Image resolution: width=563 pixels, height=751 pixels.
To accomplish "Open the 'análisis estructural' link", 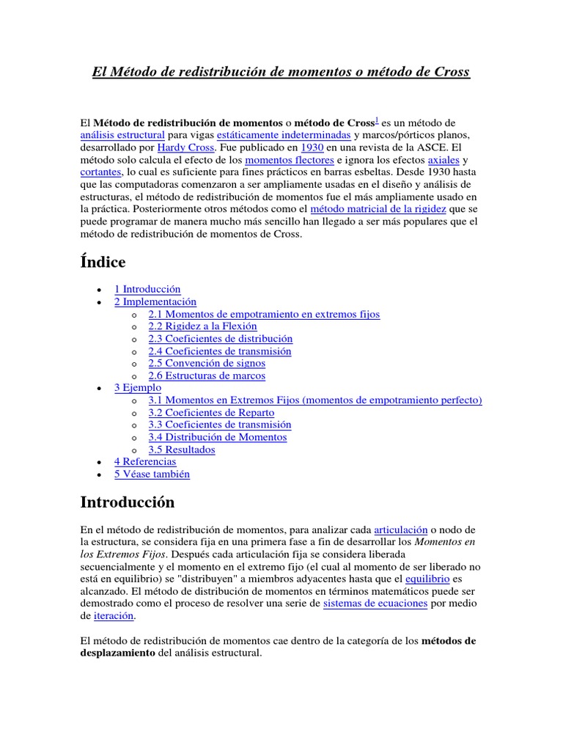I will (122, 135).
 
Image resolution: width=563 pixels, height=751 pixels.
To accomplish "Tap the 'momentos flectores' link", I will (289, 160).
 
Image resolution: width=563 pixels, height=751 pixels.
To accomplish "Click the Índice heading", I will (102, 262).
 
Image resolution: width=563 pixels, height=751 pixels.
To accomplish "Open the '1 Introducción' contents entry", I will (147, 289).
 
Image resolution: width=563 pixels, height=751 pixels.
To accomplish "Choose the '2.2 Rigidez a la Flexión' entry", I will (202, 326).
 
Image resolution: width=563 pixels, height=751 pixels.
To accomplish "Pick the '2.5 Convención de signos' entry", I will (207, 363).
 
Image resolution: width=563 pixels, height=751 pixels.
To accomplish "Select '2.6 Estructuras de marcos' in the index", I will (207, 375).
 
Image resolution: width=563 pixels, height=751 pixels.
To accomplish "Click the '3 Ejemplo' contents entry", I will (138, 387).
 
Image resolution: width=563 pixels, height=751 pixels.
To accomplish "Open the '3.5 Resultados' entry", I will (182, 450).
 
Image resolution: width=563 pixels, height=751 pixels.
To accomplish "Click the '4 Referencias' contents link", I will (145, 462).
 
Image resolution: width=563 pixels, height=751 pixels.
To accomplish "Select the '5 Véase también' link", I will (152, 474).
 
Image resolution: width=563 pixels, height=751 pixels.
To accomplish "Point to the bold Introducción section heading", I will (126, 502).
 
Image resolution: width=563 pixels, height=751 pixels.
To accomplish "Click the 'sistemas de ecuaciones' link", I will (375, 603).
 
